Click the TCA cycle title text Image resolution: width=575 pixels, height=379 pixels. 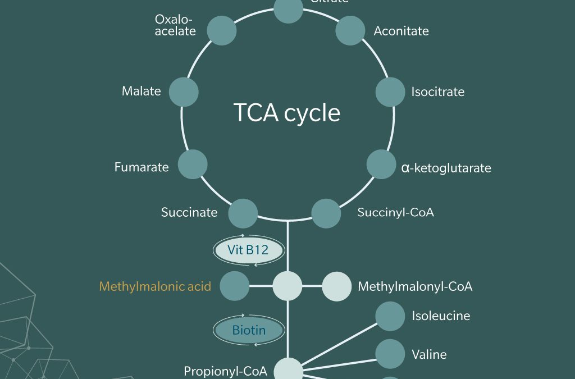point(287,113)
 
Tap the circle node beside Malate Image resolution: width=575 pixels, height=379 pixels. point(184,92)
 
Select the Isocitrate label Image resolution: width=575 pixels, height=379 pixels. point(437,92)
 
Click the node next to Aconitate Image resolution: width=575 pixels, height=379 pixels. point(350,30)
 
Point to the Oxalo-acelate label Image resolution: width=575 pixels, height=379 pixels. point(175,25)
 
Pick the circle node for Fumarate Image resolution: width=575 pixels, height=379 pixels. point(193,165)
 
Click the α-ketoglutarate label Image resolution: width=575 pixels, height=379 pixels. point(446,168)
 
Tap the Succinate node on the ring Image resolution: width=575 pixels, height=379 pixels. point(243,213)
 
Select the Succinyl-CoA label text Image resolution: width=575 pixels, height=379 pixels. point(395,213)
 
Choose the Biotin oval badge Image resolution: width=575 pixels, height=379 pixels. point(248,330)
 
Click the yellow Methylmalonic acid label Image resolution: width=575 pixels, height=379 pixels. point(155,286)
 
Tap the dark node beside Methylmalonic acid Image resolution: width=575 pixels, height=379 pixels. point(235,286)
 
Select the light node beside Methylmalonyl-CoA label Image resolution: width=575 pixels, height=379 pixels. point(336,286)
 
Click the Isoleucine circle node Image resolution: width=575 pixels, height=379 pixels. point(390,316)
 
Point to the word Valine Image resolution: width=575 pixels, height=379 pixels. point(429,354)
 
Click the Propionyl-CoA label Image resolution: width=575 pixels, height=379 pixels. point(225,371)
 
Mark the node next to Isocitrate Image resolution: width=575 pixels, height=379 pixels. point(390,92)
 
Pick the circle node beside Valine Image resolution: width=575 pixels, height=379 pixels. point(390,354)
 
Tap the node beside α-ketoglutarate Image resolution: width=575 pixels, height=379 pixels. point(381,165)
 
